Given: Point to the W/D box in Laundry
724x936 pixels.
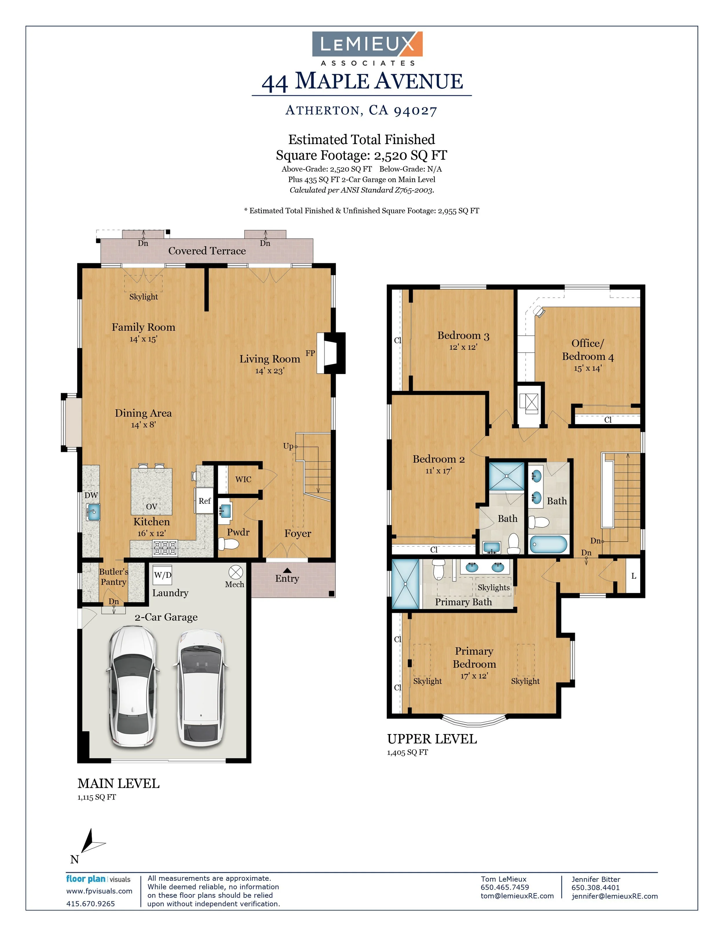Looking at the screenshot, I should [162, 575].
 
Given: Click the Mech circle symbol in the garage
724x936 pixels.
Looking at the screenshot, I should [235, 572].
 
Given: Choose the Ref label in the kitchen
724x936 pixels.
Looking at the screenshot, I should [204, 501].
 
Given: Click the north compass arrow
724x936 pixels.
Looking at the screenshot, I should [90, 843].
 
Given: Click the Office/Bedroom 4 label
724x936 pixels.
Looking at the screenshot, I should [588, 350].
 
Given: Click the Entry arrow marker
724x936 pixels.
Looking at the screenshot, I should [287, 571].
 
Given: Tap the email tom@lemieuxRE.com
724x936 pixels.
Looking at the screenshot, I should [517, 896].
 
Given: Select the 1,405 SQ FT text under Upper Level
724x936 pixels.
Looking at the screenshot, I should [407, 752].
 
